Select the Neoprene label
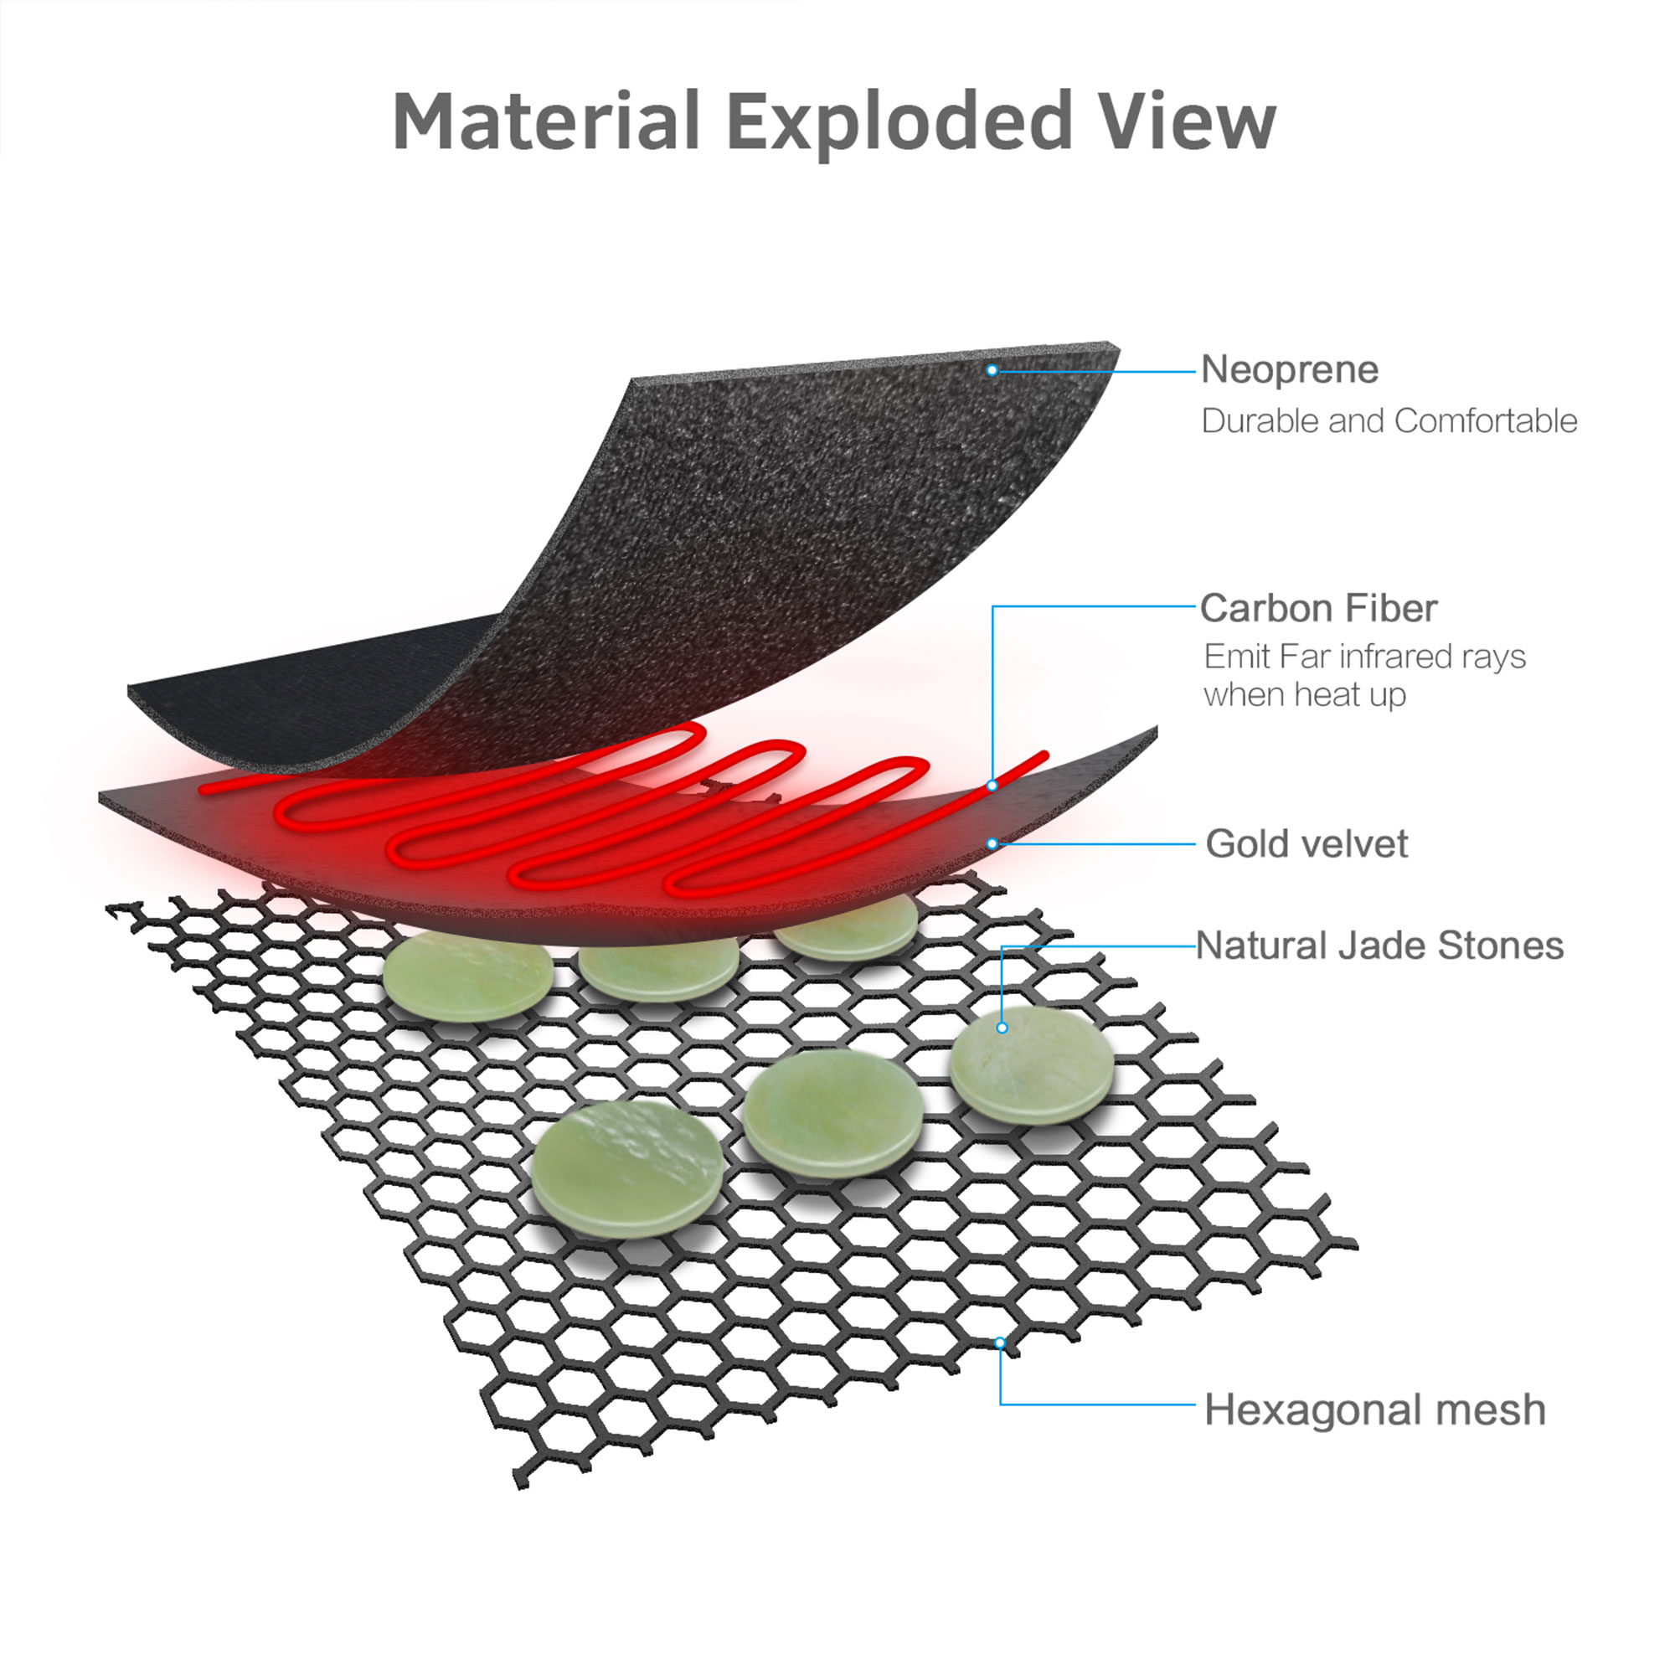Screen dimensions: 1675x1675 (1289, 370)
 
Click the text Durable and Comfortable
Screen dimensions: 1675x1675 (1389, 421)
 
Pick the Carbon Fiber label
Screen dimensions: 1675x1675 (1317, 609)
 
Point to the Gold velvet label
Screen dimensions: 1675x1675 (1306, 843)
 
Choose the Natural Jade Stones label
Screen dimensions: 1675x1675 (1379, 946)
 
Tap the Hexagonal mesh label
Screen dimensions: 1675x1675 (1374, 1410)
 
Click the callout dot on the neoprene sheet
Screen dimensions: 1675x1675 (992, 370)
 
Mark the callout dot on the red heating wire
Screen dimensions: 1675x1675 (992, 786)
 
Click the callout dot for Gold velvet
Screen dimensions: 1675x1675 (992, 843)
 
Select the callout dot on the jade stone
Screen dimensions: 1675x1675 (1002, 1028)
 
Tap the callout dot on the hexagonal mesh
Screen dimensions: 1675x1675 (1000, 1343)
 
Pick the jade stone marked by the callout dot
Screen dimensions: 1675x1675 (1032, 1064)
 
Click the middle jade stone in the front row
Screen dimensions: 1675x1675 (832, 1112)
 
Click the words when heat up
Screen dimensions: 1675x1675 (1304, 695)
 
